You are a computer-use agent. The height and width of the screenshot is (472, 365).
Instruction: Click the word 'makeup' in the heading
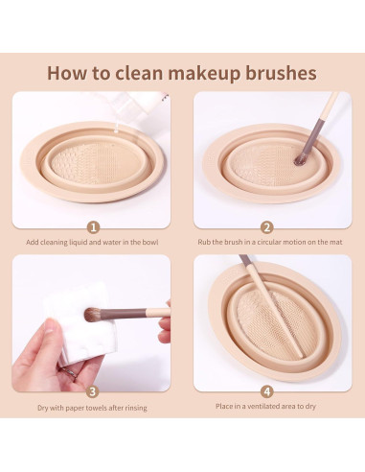tap(204, 74)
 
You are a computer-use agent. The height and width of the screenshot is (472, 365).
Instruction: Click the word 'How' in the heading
tap(67, 73)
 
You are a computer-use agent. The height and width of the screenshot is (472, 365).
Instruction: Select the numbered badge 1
tap(93, 227)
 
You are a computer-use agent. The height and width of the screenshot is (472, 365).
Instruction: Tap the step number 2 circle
tap(266, 227)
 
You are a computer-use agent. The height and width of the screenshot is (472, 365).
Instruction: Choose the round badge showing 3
tap(93, 391)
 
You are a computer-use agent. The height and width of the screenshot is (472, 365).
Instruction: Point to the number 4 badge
tap(267, 391)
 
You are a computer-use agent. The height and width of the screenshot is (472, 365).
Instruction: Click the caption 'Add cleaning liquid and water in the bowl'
tap(92, 242)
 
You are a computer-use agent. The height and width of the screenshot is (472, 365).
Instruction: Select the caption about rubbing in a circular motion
tap(270, 242)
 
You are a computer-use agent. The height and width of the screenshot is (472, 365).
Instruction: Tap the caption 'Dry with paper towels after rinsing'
tap(92, 408)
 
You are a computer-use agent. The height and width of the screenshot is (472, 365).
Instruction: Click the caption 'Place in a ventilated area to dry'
tap(265, 406)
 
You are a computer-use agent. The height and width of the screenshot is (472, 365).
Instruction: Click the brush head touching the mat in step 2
tap(300, 160)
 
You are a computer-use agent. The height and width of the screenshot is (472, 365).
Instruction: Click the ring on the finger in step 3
tap(69, 372)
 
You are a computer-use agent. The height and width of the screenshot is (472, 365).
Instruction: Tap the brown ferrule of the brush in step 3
tap(123, 314)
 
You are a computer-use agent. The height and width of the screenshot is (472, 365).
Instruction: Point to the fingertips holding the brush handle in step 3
tap(165, 321)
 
